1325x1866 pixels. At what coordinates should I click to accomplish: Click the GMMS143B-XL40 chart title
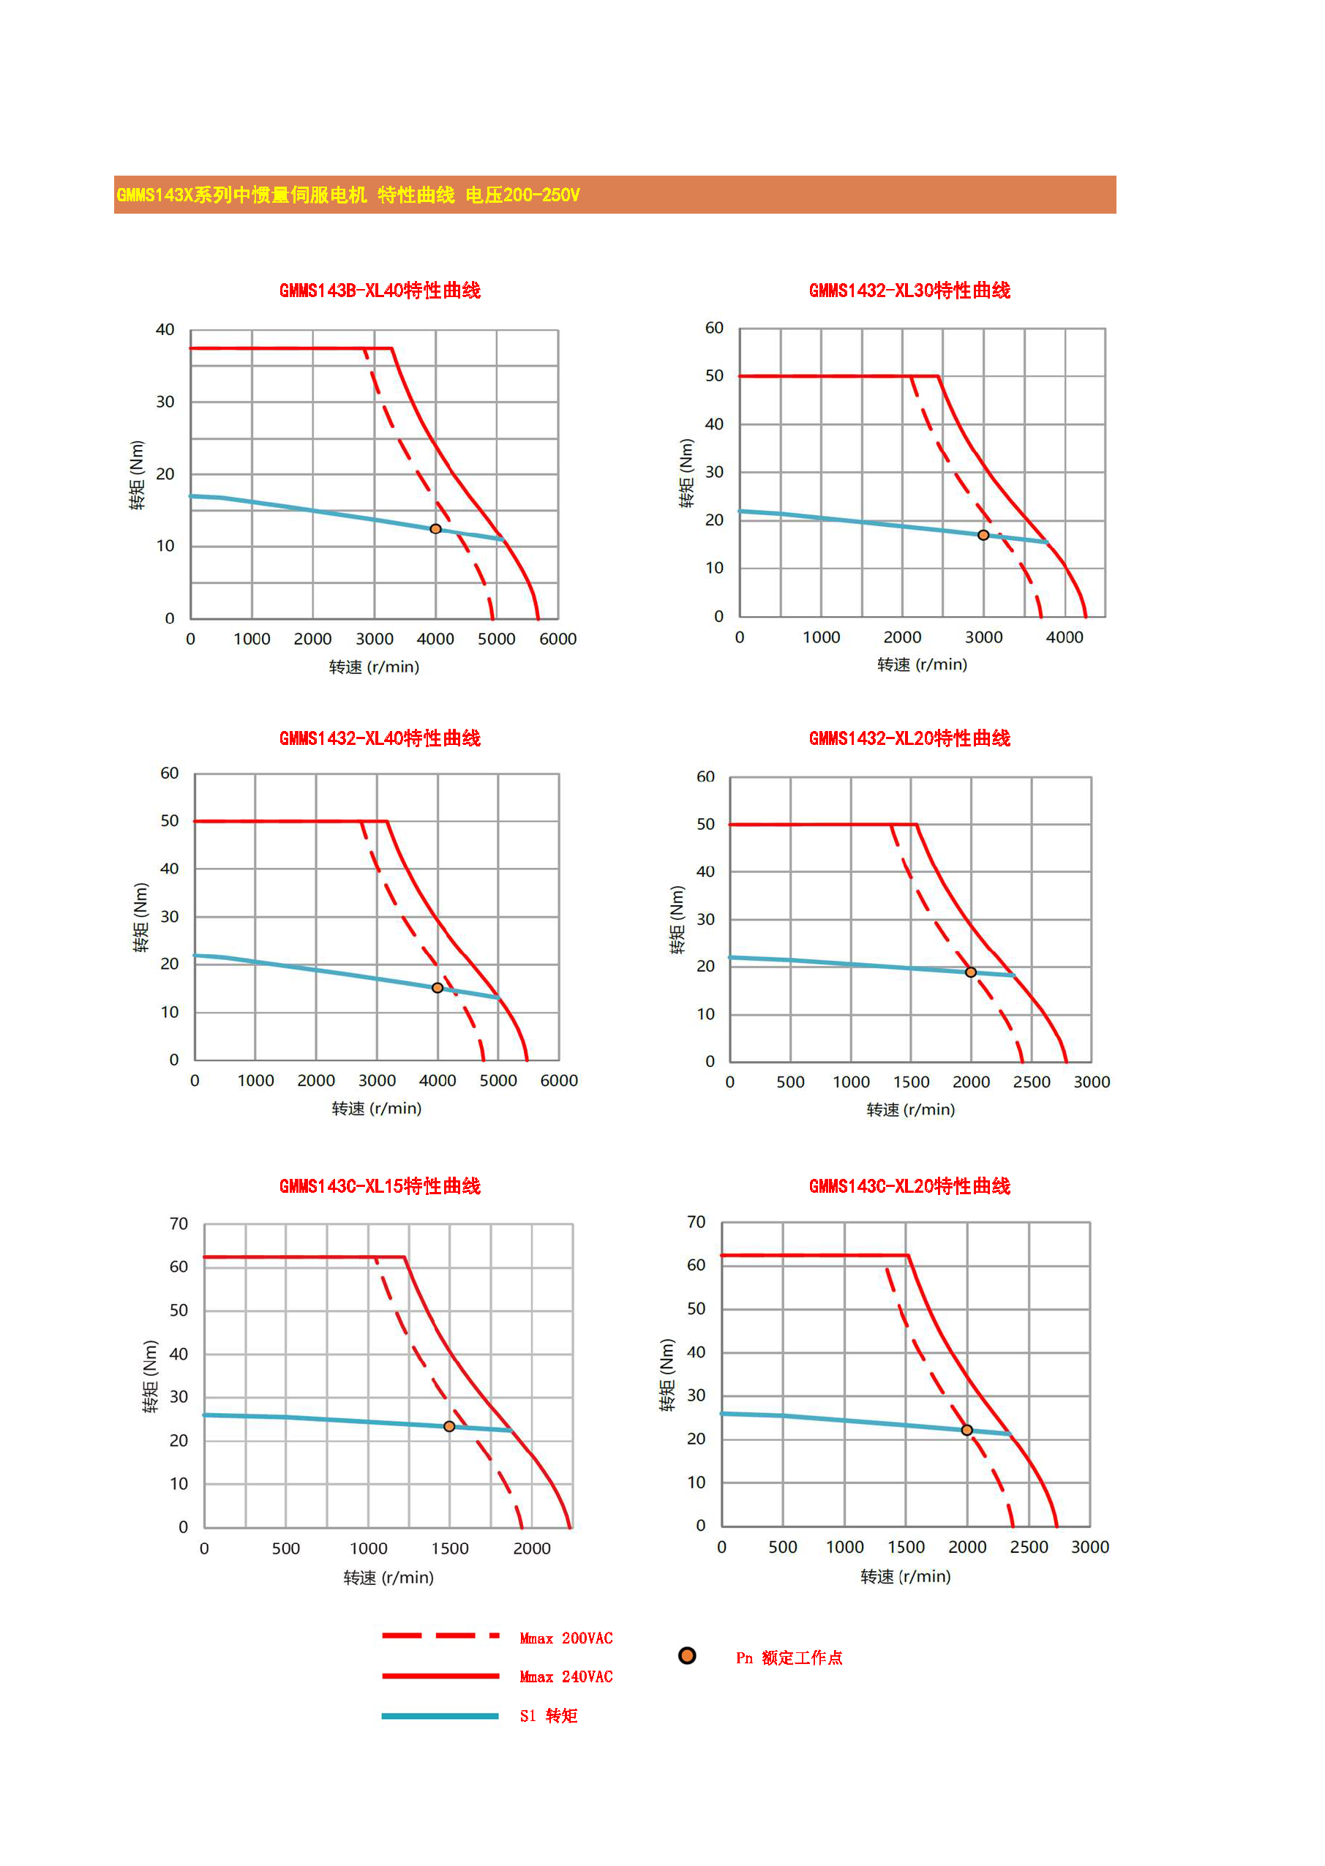[x=380, y=291]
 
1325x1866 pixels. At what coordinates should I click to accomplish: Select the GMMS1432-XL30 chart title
[x=909, y=291]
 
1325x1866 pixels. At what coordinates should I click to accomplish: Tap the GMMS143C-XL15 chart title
[x=380, y=1185]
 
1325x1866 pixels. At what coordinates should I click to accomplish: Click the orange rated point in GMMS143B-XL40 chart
[x=435, y=529]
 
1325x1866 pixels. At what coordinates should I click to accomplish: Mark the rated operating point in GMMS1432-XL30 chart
[x=983, y=535]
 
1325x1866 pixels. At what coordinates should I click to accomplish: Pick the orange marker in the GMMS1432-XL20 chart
[x=971, y=972]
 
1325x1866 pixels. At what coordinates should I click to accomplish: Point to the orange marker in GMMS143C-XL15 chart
[x=449, y=1426]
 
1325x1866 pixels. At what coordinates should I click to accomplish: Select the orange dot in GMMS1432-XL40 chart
[x=438, y=987]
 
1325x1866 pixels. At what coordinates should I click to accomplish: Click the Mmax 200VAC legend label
[x=566, y=1638]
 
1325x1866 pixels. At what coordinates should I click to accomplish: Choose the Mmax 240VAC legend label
[x=566, y=1676]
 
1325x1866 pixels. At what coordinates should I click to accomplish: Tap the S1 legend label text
[x=548, y=1716]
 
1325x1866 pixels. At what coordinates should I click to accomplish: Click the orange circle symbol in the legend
[x=687, y=1655]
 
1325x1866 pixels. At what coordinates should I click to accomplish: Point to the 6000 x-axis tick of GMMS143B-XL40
[x=558, y=639]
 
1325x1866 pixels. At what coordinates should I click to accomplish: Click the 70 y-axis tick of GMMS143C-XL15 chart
[x=179, y=1224]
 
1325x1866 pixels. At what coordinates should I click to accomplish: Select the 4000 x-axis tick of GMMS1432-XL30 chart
[x=1065, y=637]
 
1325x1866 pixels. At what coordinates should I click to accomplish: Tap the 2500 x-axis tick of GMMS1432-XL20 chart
[x=1032, y=1082]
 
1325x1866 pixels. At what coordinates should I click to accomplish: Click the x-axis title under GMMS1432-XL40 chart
[x=376, y=1109]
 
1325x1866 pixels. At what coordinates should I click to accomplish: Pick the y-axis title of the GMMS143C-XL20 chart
[x=667, y=1375]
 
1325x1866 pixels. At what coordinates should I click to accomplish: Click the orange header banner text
[x=348, y=195]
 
